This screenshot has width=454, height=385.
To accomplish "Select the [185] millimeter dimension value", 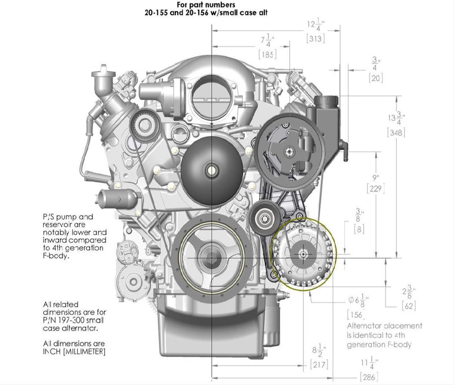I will pos(267,55).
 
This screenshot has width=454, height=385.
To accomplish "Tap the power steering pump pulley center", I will pos(289,151).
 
